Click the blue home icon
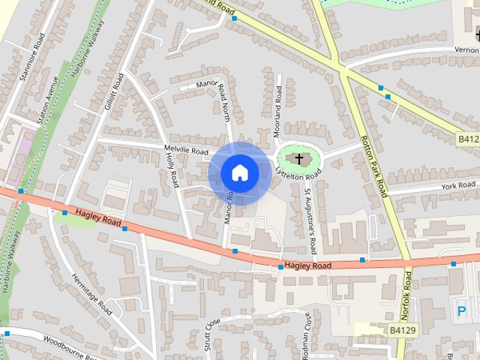[239, 172]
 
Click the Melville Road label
[186, 150]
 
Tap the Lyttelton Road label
[298, 179]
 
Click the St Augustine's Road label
[310, 220]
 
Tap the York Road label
[459, 185]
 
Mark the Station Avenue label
[47, 103]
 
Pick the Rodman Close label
[307, 336]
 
